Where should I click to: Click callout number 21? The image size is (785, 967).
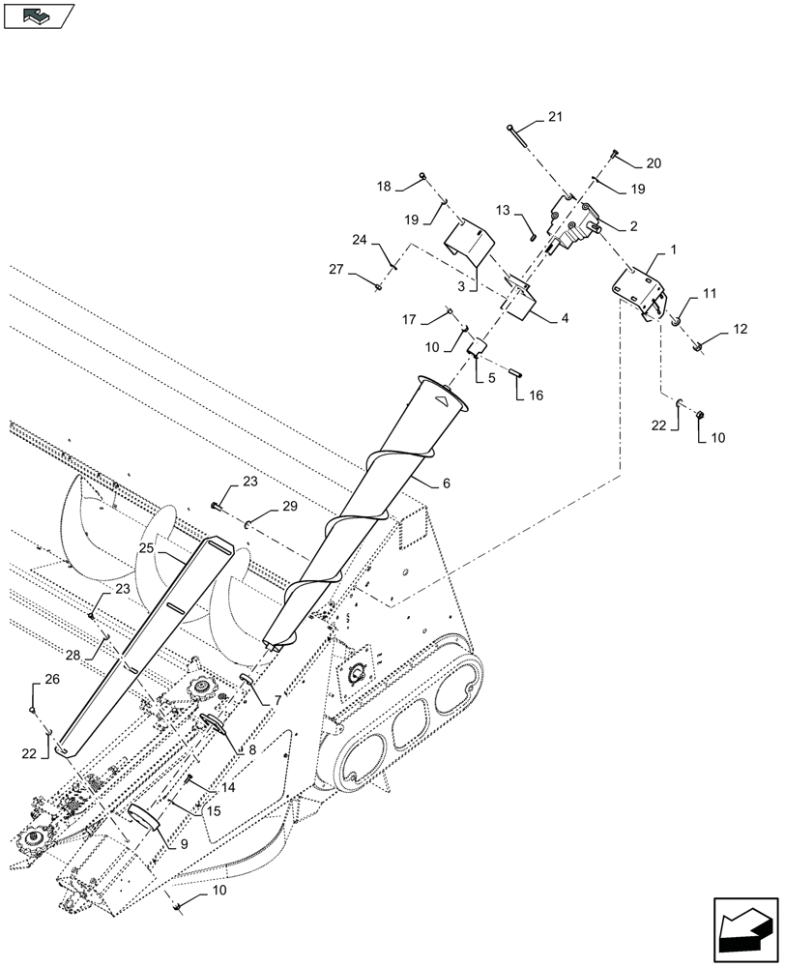(x=554, y=117)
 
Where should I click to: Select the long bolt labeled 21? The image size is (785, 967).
(x=515, y=136)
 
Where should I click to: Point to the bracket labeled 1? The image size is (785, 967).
(x=639, y=291)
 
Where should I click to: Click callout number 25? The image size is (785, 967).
(x=145, y=547)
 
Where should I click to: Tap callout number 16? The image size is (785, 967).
(x=536, y=395)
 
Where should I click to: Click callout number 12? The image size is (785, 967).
(x=740, y=329)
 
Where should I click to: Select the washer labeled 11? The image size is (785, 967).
(x=679, y=321)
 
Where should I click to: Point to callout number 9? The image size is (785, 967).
(x=184, y=842)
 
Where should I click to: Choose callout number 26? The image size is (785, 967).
(x=51, y=680)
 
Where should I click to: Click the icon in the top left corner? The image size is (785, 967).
(x=38, y=15)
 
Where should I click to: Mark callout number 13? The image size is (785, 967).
(x=503, y=210)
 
